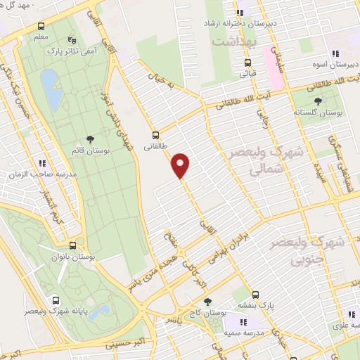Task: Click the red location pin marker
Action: click(181, 165)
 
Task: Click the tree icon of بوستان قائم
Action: click(89, 140)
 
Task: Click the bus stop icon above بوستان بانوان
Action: click(73, 245)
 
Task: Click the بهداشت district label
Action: click(233, 43)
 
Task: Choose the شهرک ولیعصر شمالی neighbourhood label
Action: click(262, 161)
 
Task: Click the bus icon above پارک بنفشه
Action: click(255, 295)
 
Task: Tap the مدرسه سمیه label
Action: click(243, 330)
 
